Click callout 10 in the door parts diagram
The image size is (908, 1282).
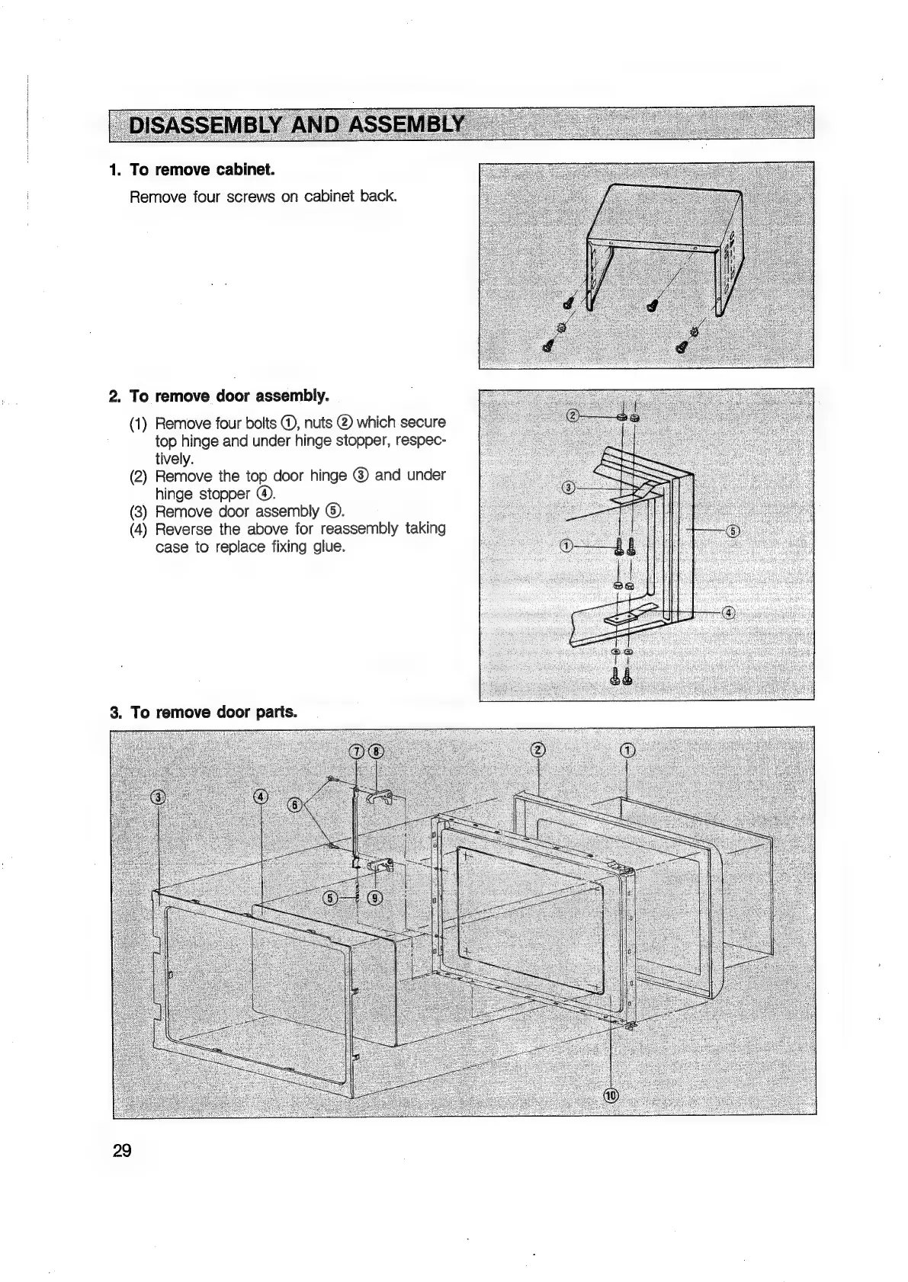611,1096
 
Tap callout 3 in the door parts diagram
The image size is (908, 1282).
158,798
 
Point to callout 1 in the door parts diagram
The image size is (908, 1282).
627,750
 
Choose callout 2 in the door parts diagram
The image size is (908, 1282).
538,750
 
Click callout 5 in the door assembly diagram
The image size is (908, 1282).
733,530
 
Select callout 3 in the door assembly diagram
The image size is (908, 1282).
566,488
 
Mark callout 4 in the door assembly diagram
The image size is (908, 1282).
728,614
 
